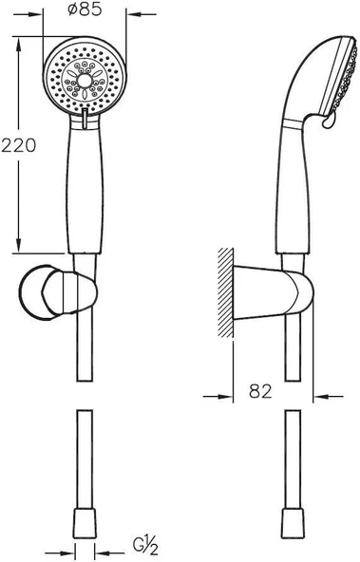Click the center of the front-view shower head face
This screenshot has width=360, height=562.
(85, 82)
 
